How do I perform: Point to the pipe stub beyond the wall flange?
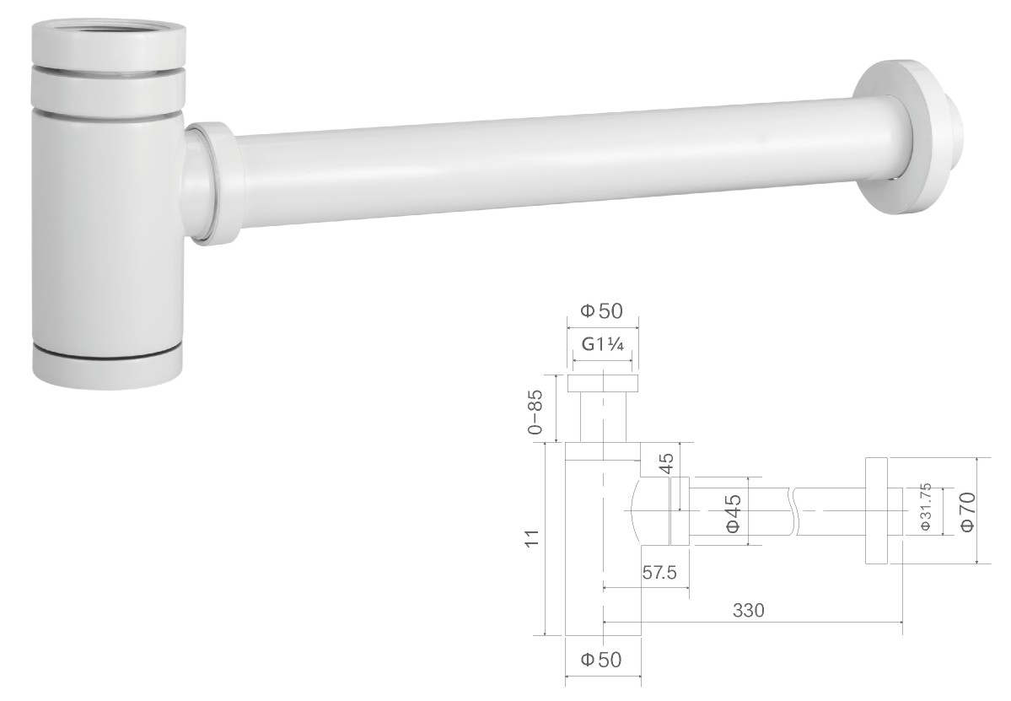tap(953, 142)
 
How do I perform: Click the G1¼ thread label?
tap(603, 344)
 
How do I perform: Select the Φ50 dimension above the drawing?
tap(601, 310)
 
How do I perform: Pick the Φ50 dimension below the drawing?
tap(601, 659)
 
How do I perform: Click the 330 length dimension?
tap(749, 610)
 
